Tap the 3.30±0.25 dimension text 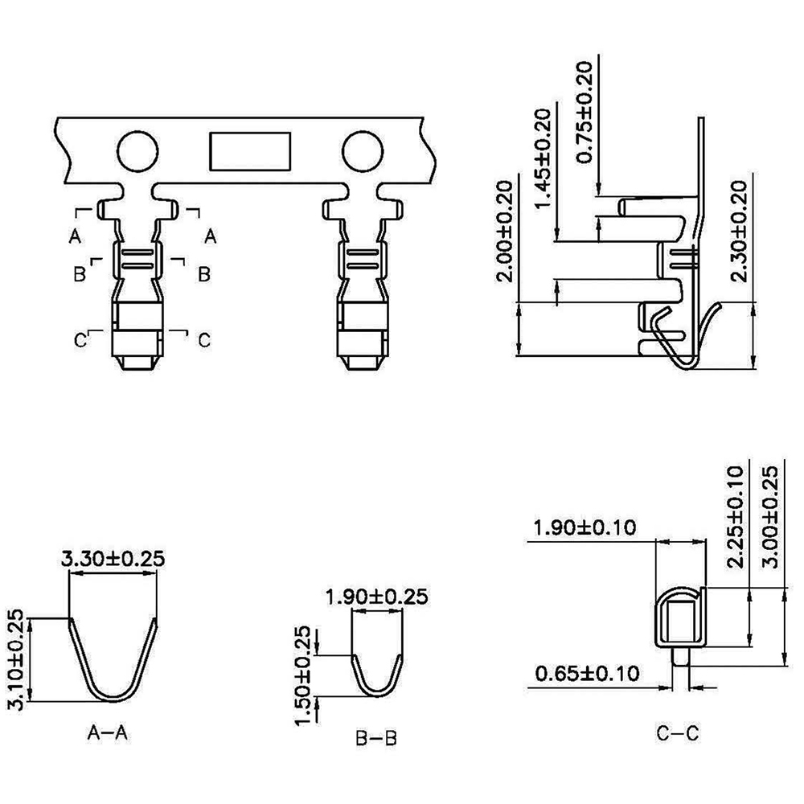pyautogui.click(x=113, y=559)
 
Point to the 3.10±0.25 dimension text pyautogui.click(x=16, y=659)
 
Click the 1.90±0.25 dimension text pyautogui.click(x=376, y=597)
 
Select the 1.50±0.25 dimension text pyautogui.click(x=303, y=676)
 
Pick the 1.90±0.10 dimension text pyautogui.click(x=585, y=527)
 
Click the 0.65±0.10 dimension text pyautogui.click(x=587, y=673)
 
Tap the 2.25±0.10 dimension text pyautogui.click(x=736, y=516)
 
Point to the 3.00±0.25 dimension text pyautogui.click(x=771, y=516)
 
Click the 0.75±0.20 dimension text pyautogui.click(x=584, y=113)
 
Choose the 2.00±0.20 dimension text pyautogui.click(x=505, y=232)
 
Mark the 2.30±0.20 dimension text pyautogui.click(x=739, y=232)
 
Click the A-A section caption pyautogui.click(x=107, y=733)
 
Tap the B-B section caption pyautogui.click(x=375, y=738)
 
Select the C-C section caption pyautogui.click(x=677, y=733)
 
